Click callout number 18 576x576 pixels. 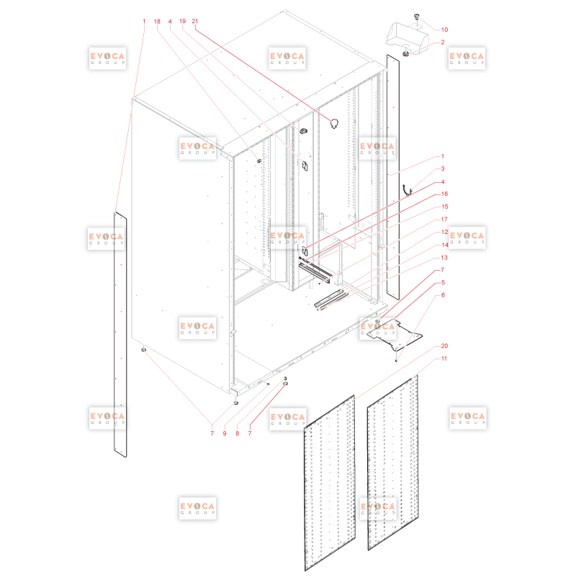pyautogui.click(x=157, y=22)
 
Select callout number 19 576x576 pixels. pyautogui.click(x=183, y=21)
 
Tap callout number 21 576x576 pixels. pyautogui.click(x=195, y=21)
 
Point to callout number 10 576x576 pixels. pyautogui.click(x=444, y=30)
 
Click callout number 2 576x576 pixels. pyautogui.click(x=443, y=42)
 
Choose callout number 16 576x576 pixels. pyautogui.click(x=444, y=194)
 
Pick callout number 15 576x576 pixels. pyautogui.click(x=444, y=207)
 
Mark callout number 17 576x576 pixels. pyautogui.click(x=444, y=220)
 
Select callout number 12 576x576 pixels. pyautogui.click(x=444, y=232)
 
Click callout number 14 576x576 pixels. pyautogui.click(x=444, y=245)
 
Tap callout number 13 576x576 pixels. pyautogui.click(x=444, y=258)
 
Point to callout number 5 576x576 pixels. pyautogui.click(x=443, y=282)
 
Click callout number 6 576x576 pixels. pyautogui.click(x=443, y=295)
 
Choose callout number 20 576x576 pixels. pyautogui.click(x=444, y=346)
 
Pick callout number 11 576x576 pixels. pyautogui.click(x=444, y=358)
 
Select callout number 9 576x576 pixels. pyautogui.click(x=225, y=433)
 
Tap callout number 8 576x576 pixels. pyautogui.click(x=238, y=433)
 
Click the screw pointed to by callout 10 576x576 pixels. pyautogui.click(x=417, y=17)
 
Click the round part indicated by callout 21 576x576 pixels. pyautogui.click(x=334, y=123)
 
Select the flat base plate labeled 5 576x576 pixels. pyautogui.click(x=395, y=334)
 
